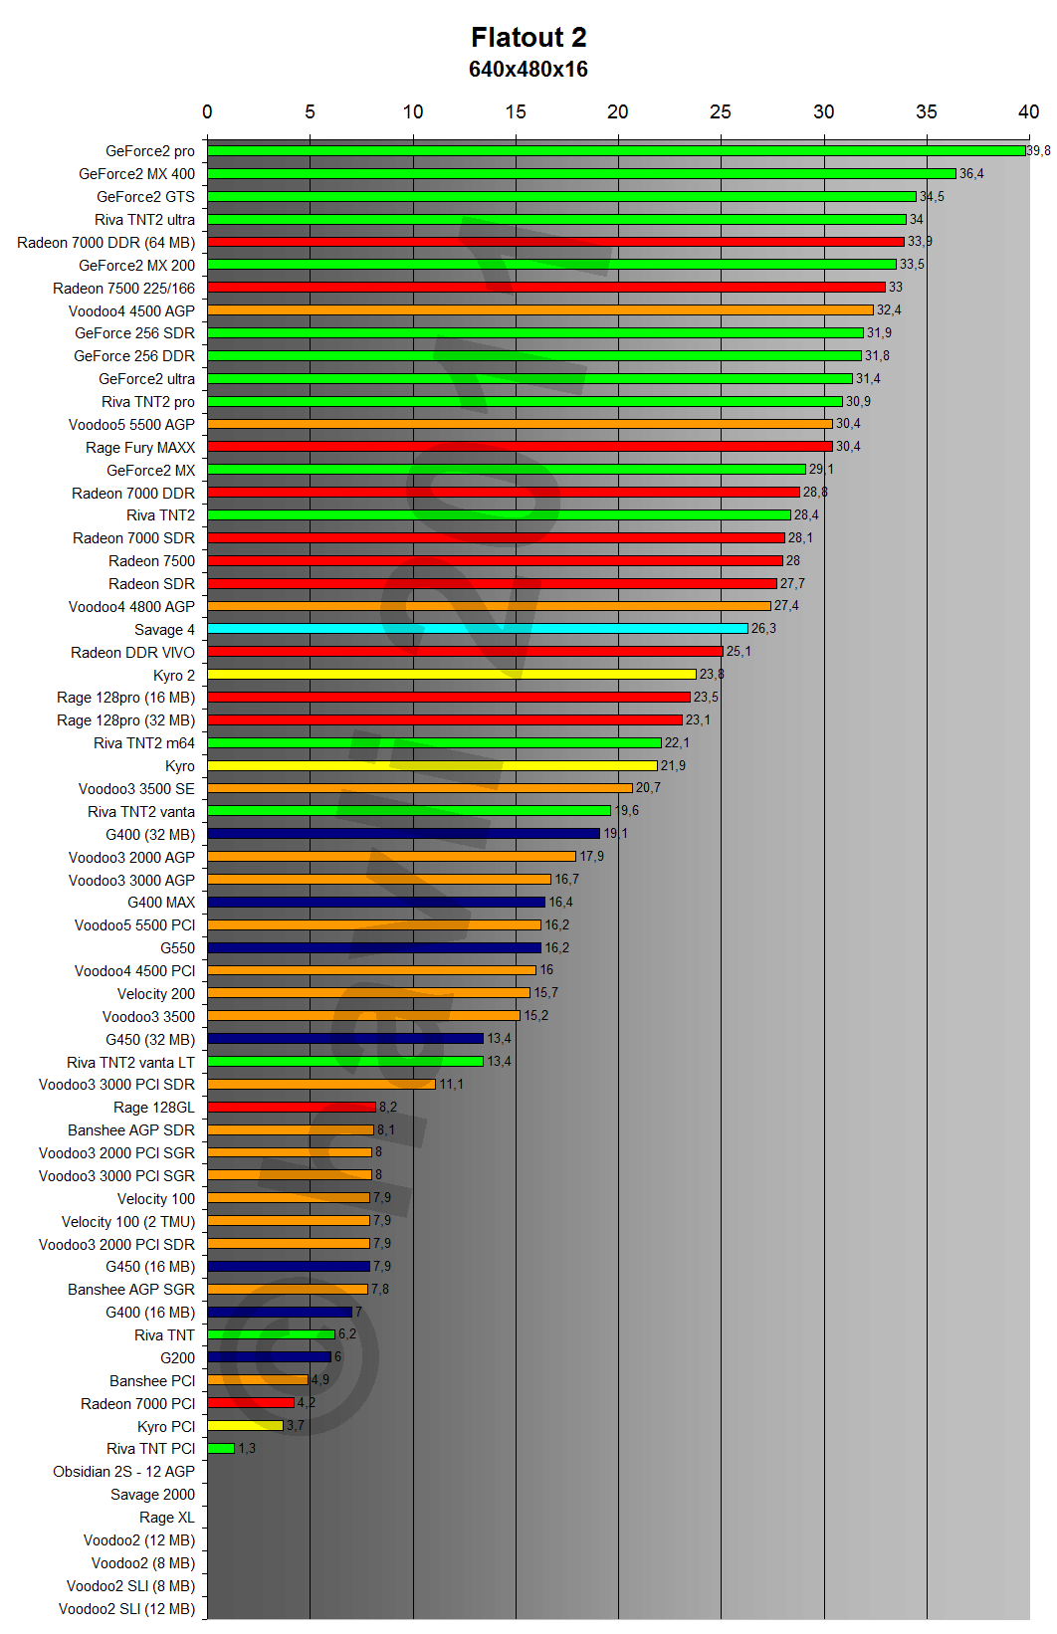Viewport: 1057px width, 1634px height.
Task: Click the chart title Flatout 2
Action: click(528, 38)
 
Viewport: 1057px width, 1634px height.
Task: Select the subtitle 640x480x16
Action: click(528, 70)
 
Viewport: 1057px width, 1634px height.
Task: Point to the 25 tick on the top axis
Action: click(721, 111)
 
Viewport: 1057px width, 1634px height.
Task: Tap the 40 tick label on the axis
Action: click(1028, 111)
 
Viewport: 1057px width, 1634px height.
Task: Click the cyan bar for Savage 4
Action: click(478, 629)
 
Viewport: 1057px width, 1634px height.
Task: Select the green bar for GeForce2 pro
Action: click(616, 151)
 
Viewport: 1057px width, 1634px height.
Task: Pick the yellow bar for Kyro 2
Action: click(452, 675)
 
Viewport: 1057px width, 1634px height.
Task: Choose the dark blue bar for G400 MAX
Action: click(376, 903)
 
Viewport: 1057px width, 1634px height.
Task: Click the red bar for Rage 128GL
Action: click(292, 1107)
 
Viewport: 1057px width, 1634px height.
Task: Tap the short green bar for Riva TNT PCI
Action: click(221, 1449)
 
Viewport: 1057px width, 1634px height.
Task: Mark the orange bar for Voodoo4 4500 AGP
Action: click(540, 310)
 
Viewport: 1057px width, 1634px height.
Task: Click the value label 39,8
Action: click(1038, 151)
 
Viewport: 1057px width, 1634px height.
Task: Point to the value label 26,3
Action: click(763, 629)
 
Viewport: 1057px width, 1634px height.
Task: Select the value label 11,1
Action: click(451, 1085)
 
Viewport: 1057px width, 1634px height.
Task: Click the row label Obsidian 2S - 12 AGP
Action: click(124, 1472)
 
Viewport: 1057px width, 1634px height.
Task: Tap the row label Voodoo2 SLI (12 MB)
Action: click(126, 1609)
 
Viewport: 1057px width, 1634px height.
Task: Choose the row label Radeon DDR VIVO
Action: click(132, 653)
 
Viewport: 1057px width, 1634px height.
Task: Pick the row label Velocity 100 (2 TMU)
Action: click(128, 1222)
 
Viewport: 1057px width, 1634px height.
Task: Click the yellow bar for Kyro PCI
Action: click(246, 1426)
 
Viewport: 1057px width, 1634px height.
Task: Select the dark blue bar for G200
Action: click(269, 1357)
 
